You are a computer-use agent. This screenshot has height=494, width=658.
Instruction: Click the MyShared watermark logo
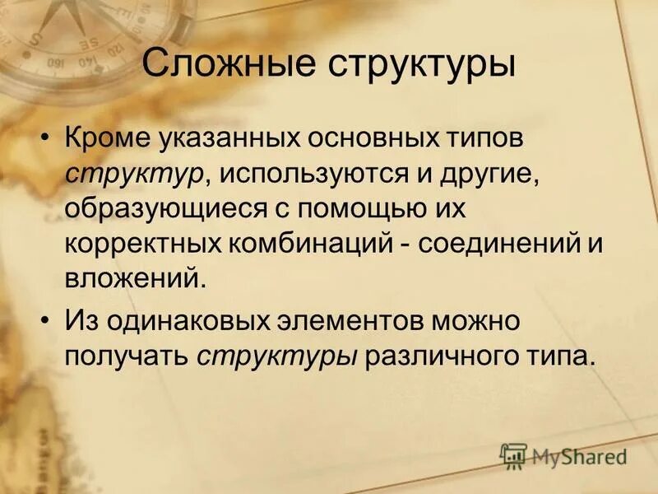click(x=563, y=455)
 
